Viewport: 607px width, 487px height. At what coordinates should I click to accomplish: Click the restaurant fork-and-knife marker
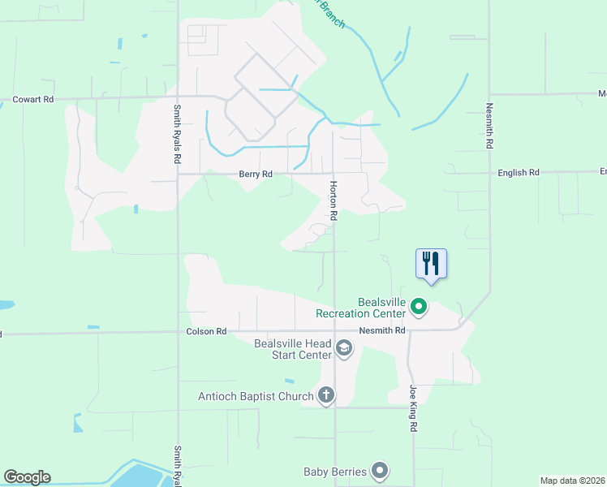click(x=431, y=263)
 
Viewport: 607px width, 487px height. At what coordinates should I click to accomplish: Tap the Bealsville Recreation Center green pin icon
click(x=419, y=307)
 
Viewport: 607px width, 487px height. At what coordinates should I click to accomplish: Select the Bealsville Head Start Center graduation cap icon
click(x=344, y=349)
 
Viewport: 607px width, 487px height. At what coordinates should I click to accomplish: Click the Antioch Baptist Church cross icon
click(x=325, y=396)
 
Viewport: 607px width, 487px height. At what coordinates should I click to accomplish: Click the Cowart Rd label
click(x=32, y=99)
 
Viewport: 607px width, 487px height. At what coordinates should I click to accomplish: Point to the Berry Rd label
click(x=256, y=174)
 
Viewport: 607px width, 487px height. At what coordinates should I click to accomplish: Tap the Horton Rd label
click(x=333, y=201)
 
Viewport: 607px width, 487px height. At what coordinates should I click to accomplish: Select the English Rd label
click(x=518, y=173)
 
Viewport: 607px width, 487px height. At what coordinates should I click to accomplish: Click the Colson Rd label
click(x=204, y=331)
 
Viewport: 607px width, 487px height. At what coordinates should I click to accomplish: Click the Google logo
click(x=27, y=477)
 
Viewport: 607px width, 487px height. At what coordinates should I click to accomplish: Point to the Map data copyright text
click(x=572, y=481)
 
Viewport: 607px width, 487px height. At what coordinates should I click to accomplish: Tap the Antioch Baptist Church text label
click(x=256, y=397)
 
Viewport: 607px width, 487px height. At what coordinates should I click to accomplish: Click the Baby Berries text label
click(x=335, y=472)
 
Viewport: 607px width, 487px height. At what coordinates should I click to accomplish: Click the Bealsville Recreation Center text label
click(x=360, y=307)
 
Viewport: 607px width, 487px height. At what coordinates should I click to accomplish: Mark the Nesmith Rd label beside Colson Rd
click(x=383, y=330)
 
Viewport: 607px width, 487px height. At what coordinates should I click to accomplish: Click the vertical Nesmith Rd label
click(x=489, y=125)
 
